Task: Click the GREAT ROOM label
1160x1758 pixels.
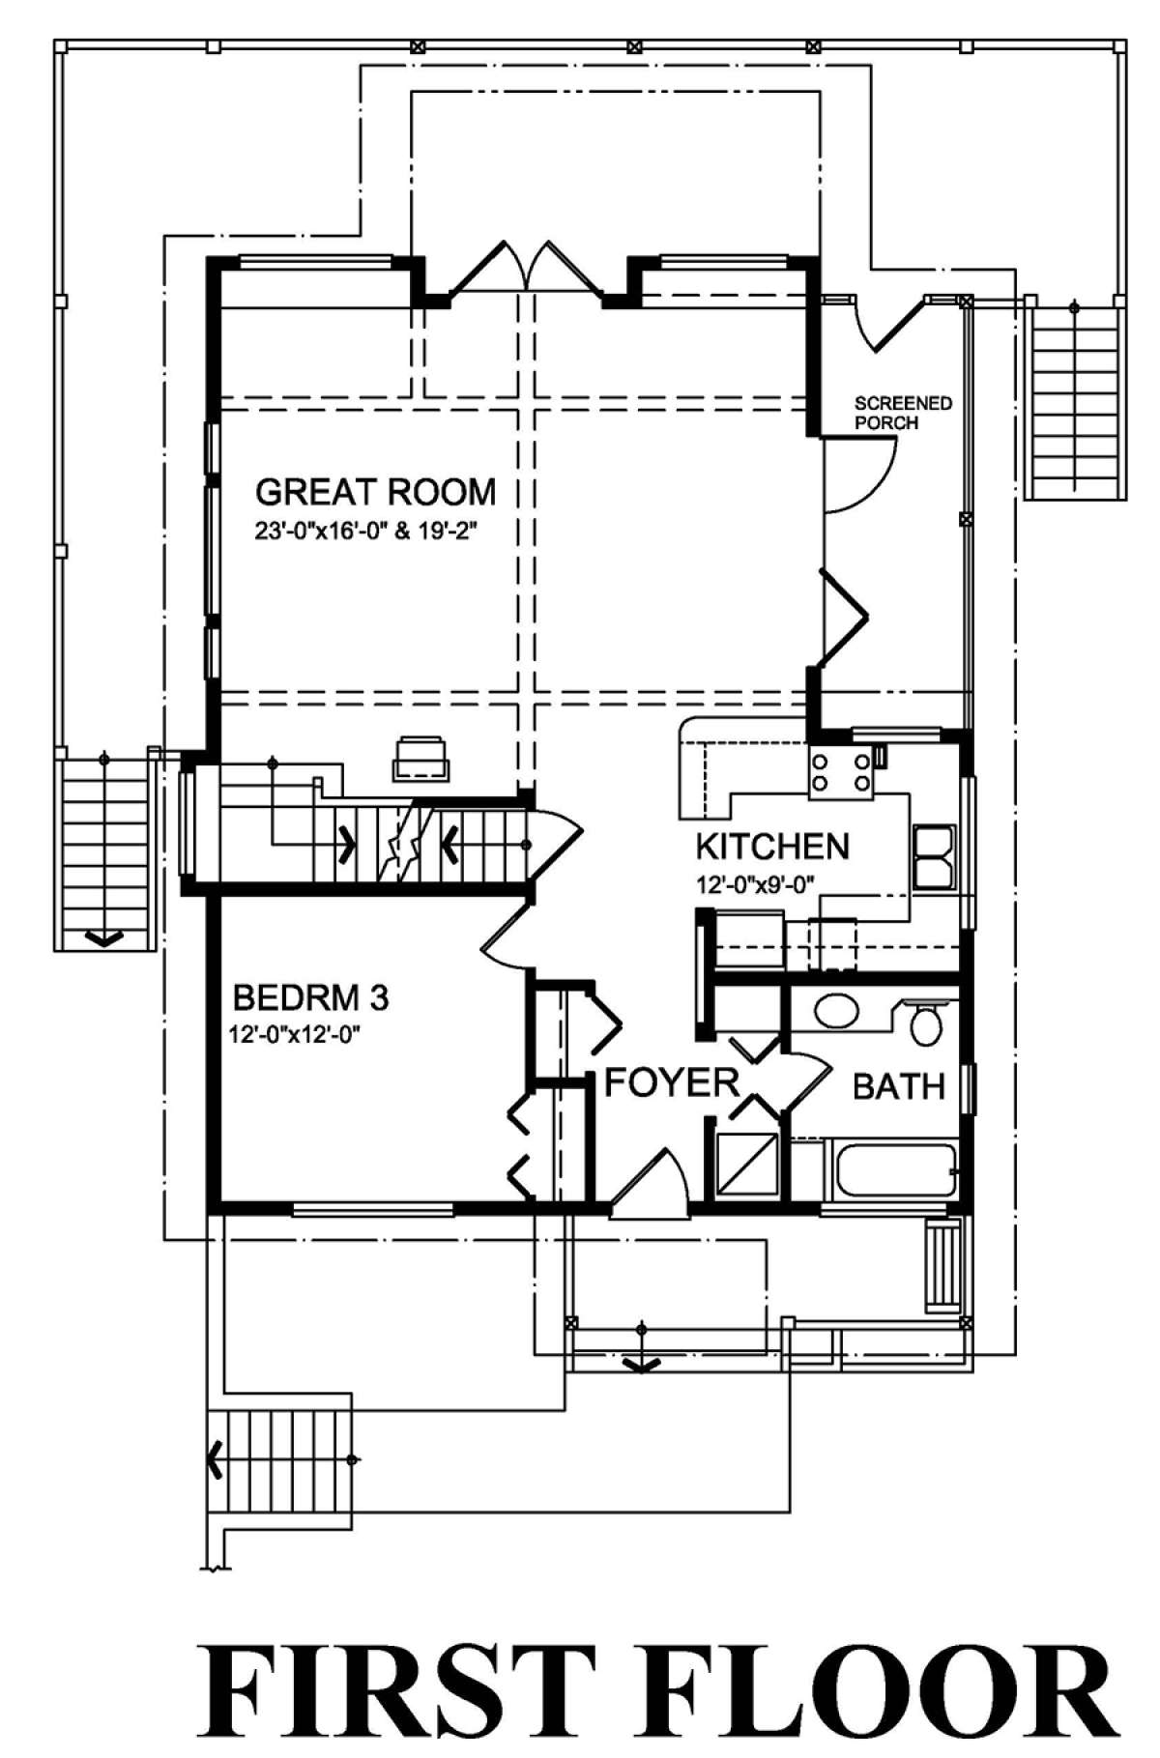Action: [375, 492]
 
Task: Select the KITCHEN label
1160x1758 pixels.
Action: [772, 847]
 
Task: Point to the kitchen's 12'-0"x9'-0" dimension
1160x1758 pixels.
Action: [758, 882]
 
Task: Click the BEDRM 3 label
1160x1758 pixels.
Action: [311, 997]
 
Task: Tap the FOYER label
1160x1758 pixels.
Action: [671, 1082]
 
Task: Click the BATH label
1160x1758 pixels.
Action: [898, 1086]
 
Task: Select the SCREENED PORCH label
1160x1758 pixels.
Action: [903, 413]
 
